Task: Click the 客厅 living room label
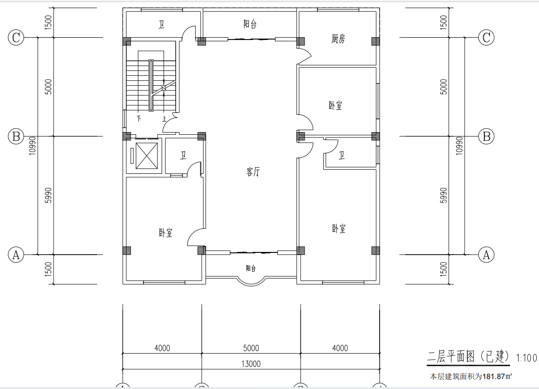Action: tap(253, 172)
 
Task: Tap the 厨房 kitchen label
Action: tap(338, 39)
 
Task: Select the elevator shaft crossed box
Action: tap(147, 156)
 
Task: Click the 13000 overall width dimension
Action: tap(251, 364)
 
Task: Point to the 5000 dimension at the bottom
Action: tap(251, 348)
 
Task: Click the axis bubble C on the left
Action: tap(16, 37)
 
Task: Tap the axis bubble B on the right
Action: tap(486, 137)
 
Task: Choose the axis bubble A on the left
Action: tap(16, 255)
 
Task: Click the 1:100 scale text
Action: tap(526, 358)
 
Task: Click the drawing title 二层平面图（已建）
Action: tap(468, 356)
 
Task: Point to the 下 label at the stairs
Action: tap(139, 118)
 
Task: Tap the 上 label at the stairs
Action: tap(164, 119)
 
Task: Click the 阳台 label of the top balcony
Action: tap(250, 24)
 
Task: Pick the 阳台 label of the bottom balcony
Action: tap(251, 268)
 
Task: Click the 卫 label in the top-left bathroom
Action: tap(161, 25)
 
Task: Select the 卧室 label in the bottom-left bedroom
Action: tap(165, 233)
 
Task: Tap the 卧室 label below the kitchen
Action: tap(335, 105)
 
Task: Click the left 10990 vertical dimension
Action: tap(32, 146)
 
